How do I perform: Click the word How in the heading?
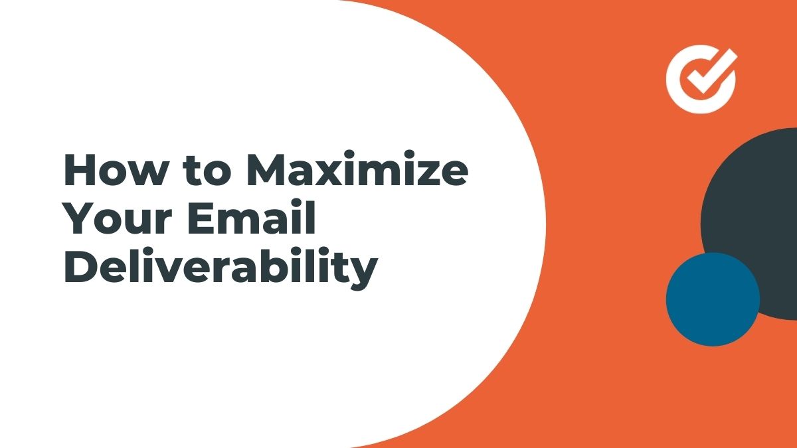pos(112,170)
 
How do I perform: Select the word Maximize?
pos(357,168)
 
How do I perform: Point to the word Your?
pos(118,218)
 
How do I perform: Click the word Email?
pos(252,217)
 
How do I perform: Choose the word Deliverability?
pos(221,268)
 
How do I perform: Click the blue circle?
pos(713,299)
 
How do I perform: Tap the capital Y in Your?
pos(80,218)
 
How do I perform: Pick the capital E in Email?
pos(202,218)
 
